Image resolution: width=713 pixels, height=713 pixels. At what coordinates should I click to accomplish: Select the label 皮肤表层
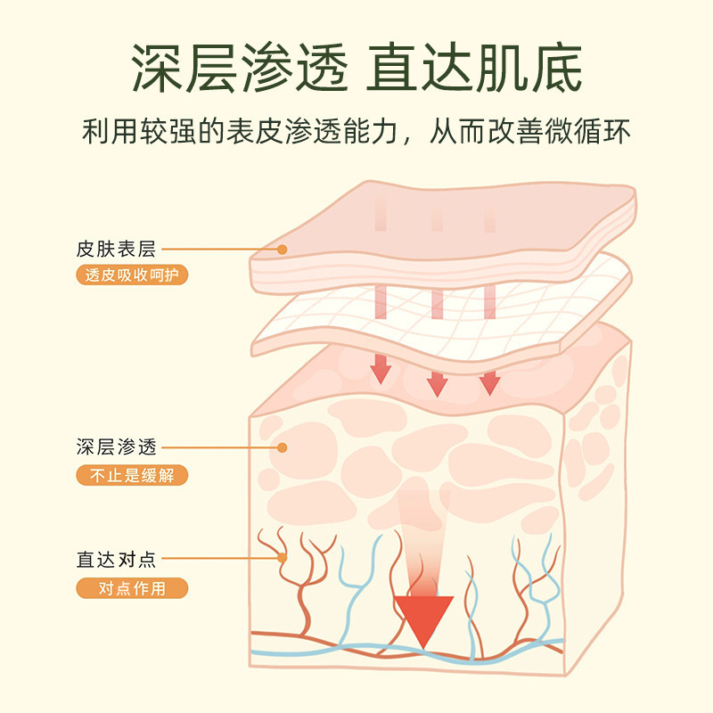[116, 250]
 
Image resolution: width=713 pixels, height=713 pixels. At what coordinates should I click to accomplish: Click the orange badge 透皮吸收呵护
[131, 275]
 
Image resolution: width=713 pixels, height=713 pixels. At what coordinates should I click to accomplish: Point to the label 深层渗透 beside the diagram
[116, 447]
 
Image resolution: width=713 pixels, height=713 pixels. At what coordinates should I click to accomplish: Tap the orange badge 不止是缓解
[131, 475]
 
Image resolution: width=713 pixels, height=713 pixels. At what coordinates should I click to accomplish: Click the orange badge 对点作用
[131, 588]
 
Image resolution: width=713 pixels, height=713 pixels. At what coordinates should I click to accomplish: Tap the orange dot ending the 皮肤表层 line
[282, 250]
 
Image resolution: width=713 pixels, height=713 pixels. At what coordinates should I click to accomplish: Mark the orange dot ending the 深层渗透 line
[282, 447]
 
